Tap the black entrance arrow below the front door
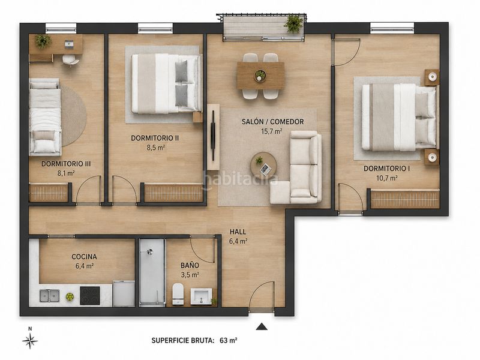(262, 326)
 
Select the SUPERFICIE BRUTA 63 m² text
(194, 340)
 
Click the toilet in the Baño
(178, 294)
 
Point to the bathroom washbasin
(201, 296)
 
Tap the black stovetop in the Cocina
(90, 295)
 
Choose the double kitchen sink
(50, 295)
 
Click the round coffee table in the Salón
(263, 166)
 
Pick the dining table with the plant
(260, 76)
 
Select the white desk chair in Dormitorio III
(70, 60)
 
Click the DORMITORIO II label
(155, 138)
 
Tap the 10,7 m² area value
(386, 178)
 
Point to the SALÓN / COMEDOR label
(273, 122)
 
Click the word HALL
(238, 232)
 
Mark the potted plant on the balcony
(293, 23)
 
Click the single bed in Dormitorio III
(44, 116)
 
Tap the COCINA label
(84, 257)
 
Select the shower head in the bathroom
(149, 252)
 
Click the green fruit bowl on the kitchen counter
(70, 296)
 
